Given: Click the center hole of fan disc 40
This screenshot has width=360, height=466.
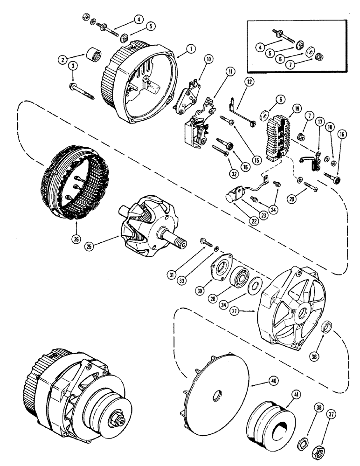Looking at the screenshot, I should pos(217,396).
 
